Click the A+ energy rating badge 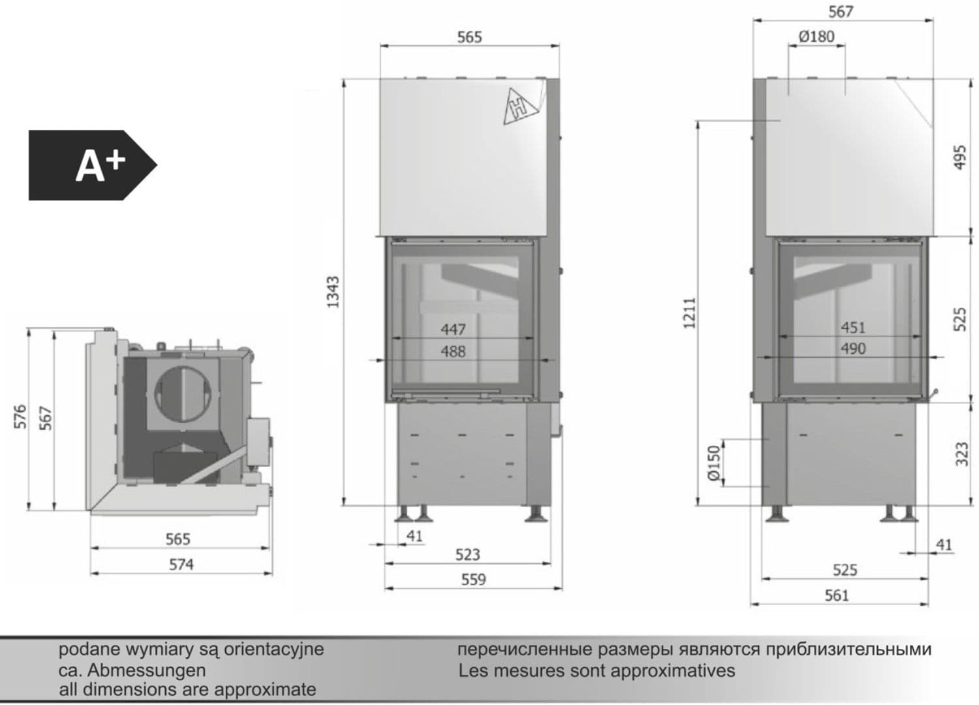[x=93, y=165]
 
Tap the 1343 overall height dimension [x=334, y=292]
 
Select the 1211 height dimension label [x=689, y=313]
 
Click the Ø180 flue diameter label [x=816, y=37]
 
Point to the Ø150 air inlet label [x=713, y=463]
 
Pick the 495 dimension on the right [x=959, y=157]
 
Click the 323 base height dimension [x=962, y=454]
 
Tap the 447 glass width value [x=453, y=329]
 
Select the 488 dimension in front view [x=453, y=351]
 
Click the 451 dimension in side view [x=853, y=328]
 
